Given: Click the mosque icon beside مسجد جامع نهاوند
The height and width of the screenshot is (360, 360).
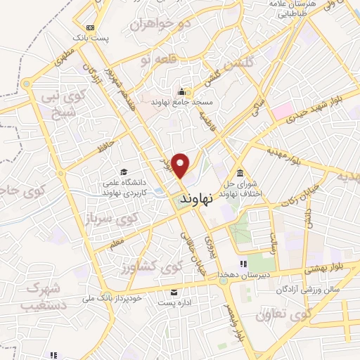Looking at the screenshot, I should (182, 91).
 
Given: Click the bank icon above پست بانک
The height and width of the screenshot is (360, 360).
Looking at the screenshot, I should (89, 27).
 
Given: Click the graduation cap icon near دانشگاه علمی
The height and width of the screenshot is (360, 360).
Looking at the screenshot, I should (124, 172).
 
